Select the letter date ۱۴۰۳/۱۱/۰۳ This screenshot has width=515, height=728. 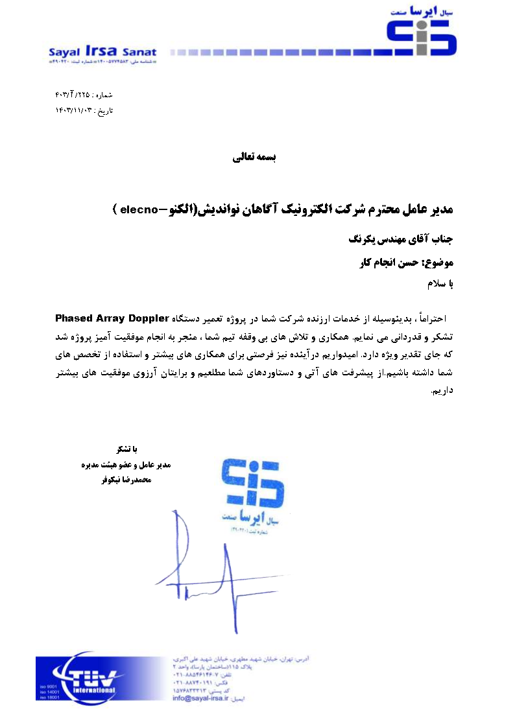click(75, 111)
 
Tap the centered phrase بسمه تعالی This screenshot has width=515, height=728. click(254, 157)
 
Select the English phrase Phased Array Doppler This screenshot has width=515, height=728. click(112, 318)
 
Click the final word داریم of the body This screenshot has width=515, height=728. click(441, 390)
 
